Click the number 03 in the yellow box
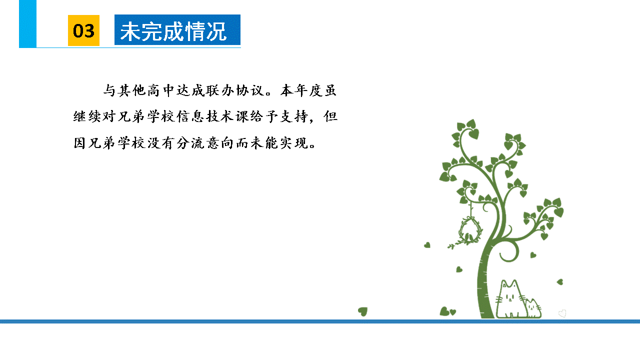click(x=83, y=31)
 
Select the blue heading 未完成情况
click(x=173, y=31)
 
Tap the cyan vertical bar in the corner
click(x=27, y=23)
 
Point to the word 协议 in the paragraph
click(x=249, y=90)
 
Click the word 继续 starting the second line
click(x=87, y=116)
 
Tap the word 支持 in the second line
click(x=293, y=116)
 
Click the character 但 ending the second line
click(x=330, y=116)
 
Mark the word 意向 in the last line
click(x=219, y=143)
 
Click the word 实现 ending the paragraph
click(x=293, y=143)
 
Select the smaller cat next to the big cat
click(x=533, y=308)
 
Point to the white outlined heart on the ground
click(x=562, y=313)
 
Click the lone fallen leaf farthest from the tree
click(x=363, y=311)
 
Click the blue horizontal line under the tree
click(x=320, y=321)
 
